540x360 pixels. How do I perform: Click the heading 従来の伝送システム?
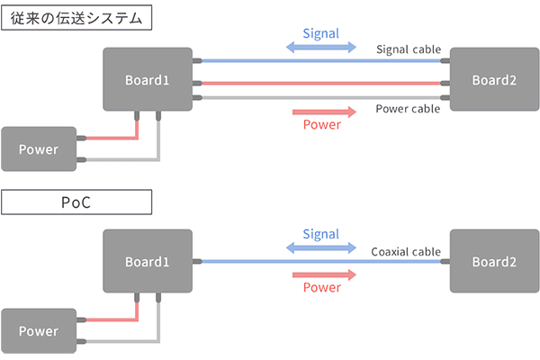(76, 17)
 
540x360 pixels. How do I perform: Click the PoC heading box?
(76, 203)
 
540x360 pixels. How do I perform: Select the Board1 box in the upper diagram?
(147, 79)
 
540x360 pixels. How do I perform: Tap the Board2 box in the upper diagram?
(494, 79)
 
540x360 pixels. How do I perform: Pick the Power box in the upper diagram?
(39, 148)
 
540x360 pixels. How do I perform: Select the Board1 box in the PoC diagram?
(147, 261)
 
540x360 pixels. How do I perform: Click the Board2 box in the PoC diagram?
(494, 261)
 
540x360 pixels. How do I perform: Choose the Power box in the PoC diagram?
(39, 330)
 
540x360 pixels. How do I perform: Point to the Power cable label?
(406, 109)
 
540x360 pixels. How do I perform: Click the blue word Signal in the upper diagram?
(321, 33)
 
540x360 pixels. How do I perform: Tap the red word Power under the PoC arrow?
(321, 288)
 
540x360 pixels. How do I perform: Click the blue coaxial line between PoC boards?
(270, 261)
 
